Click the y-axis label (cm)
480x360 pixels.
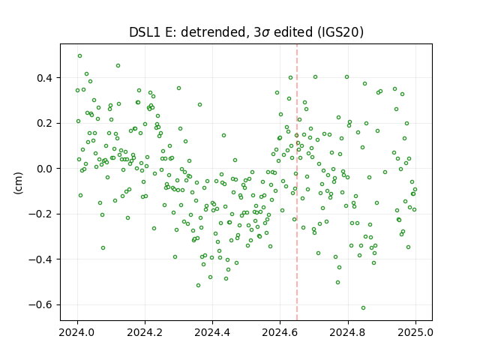18,183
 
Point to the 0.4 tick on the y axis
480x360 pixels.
45,78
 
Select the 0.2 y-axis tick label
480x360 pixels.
45,123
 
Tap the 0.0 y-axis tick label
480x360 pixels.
45,169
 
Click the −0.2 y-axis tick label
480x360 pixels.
40,214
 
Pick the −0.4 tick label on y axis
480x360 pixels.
40,259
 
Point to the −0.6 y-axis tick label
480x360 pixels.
40,305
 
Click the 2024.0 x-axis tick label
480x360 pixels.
77,332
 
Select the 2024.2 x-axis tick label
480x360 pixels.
145,332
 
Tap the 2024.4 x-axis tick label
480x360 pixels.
212,332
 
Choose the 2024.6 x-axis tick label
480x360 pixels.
280,332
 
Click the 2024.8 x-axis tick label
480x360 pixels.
348,332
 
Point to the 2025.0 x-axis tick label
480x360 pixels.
415,332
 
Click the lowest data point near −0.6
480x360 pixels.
363,308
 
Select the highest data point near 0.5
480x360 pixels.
80,56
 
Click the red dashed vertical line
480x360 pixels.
297,182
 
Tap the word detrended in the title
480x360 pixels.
214,32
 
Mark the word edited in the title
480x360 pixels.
292,32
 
